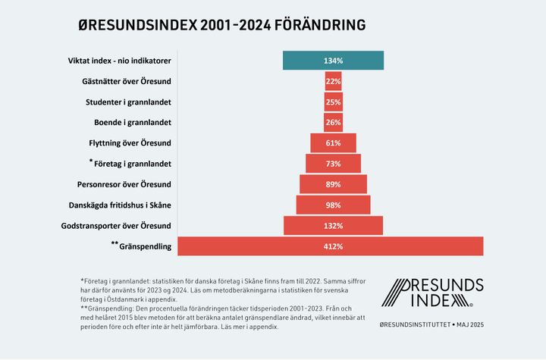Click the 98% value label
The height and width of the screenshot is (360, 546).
[x=333, y=205]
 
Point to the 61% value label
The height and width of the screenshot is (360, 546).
[x=333, y=143]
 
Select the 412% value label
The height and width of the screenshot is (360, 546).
[x=333, y=246]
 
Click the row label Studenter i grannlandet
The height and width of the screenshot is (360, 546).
[x=128, y=102]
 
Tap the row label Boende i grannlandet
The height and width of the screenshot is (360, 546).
[x=130, y=122]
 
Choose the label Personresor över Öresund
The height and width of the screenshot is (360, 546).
[x=124, y=184]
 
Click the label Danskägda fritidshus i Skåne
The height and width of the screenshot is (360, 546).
[x=121, y=205]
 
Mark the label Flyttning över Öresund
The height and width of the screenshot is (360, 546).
[x=130, y=142]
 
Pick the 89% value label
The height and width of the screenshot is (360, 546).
[x=333, y=184]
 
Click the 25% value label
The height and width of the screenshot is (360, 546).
[x=333, y=102]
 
